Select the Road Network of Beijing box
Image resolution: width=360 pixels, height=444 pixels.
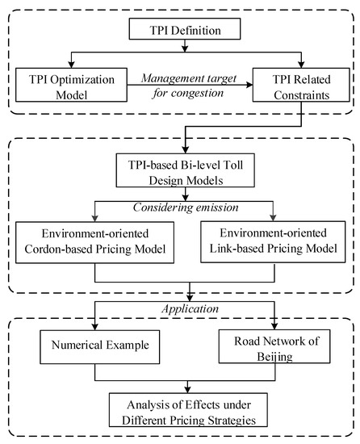(x=276, y=352)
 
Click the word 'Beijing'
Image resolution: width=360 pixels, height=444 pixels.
(x=276, y=360)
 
